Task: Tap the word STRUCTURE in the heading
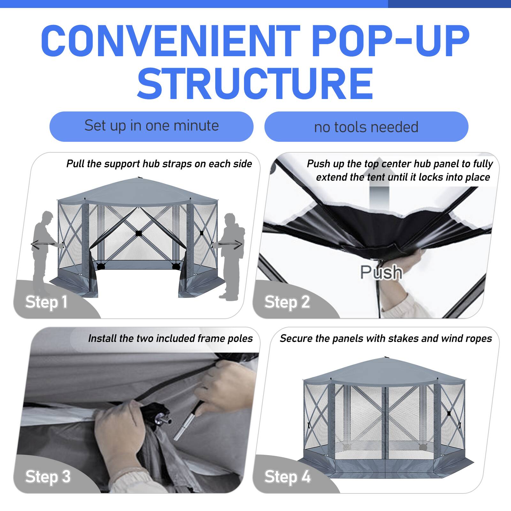(255, 84)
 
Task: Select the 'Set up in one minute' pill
(151, 126)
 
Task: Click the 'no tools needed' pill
(366, 127)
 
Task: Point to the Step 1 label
(46, 302)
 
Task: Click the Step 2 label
(287, 302)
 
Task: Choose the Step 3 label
(48, 477)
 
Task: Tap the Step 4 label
(287, 477)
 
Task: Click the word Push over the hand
(381, 272)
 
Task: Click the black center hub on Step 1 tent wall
(138, 233)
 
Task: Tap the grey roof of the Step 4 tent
(383, 370)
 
